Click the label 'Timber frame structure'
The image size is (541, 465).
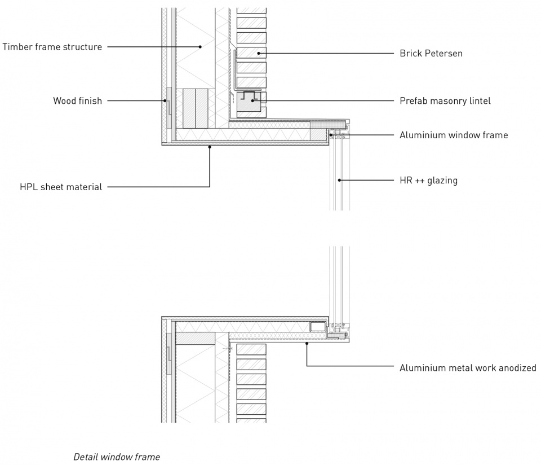pyautogui.click(x=52, y=47)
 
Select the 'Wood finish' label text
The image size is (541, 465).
pyautogui.click(x=78, y=100)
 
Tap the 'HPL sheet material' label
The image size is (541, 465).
pyautogui.click(x=61, y=187)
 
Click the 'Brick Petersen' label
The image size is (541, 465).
pyautogui.click(x=431, y=53)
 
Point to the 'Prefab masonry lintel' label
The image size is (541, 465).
pyautogui.click(x=445, y=101)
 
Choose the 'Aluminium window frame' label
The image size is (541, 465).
pyautogui.click(x=454, y=135)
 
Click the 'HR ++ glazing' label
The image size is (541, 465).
pyautogui.click(x=428, y=181)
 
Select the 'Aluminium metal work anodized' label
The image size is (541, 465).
pyautogui.click(x=468, y=367)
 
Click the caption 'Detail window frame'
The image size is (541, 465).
pyautogui.click(x=117, y=457)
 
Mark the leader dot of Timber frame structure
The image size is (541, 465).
pyautogui.click(x=200, y=47)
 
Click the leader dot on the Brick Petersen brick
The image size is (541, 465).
pyautogui.click(x=259, y=53)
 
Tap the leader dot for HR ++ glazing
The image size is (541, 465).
pyautogui.click(x=339, y=180)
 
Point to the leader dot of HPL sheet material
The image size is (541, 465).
pyautogui.click(x=210, y=147)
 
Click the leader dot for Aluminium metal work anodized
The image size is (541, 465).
pyautogui.click(x=307, y=344)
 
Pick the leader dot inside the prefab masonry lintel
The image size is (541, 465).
pyautogui.click(x=252, y=101)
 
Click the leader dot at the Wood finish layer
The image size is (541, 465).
pyautogui.click(x=165, y=101)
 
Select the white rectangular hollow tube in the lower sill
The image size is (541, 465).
pyautogui.click(x=318, y=327)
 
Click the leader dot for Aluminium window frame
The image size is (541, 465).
pyautogui.click(x=331, y=135)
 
